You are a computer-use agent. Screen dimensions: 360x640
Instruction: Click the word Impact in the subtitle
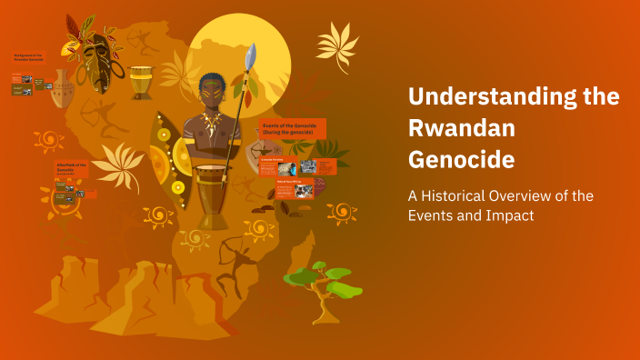509,215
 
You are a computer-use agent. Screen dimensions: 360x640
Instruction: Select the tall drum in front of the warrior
214,195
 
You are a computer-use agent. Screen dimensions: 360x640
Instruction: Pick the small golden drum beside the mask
141,82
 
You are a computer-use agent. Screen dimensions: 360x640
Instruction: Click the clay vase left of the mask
64,88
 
